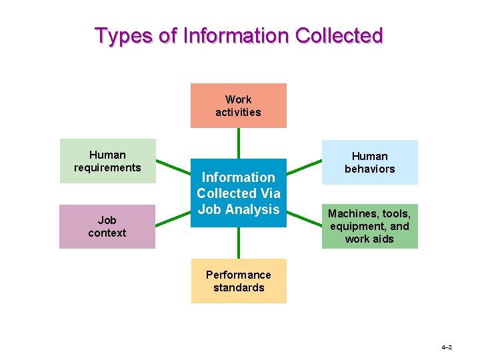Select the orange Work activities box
click(238, 105)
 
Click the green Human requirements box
click(107, 161)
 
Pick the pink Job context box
click(107, 226)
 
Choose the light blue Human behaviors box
click(369, 162)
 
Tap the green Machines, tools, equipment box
click(369, 226)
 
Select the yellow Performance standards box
click(239, 281)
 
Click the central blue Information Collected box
click(238, 193)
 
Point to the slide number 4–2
click(446, 347)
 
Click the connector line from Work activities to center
click(238, 143)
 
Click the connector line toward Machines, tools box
click(304, 217)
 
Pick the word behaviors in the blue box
click(369, 169)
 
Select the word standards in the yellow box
click(239, 287)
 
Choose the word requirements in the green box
click(107, 167)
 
